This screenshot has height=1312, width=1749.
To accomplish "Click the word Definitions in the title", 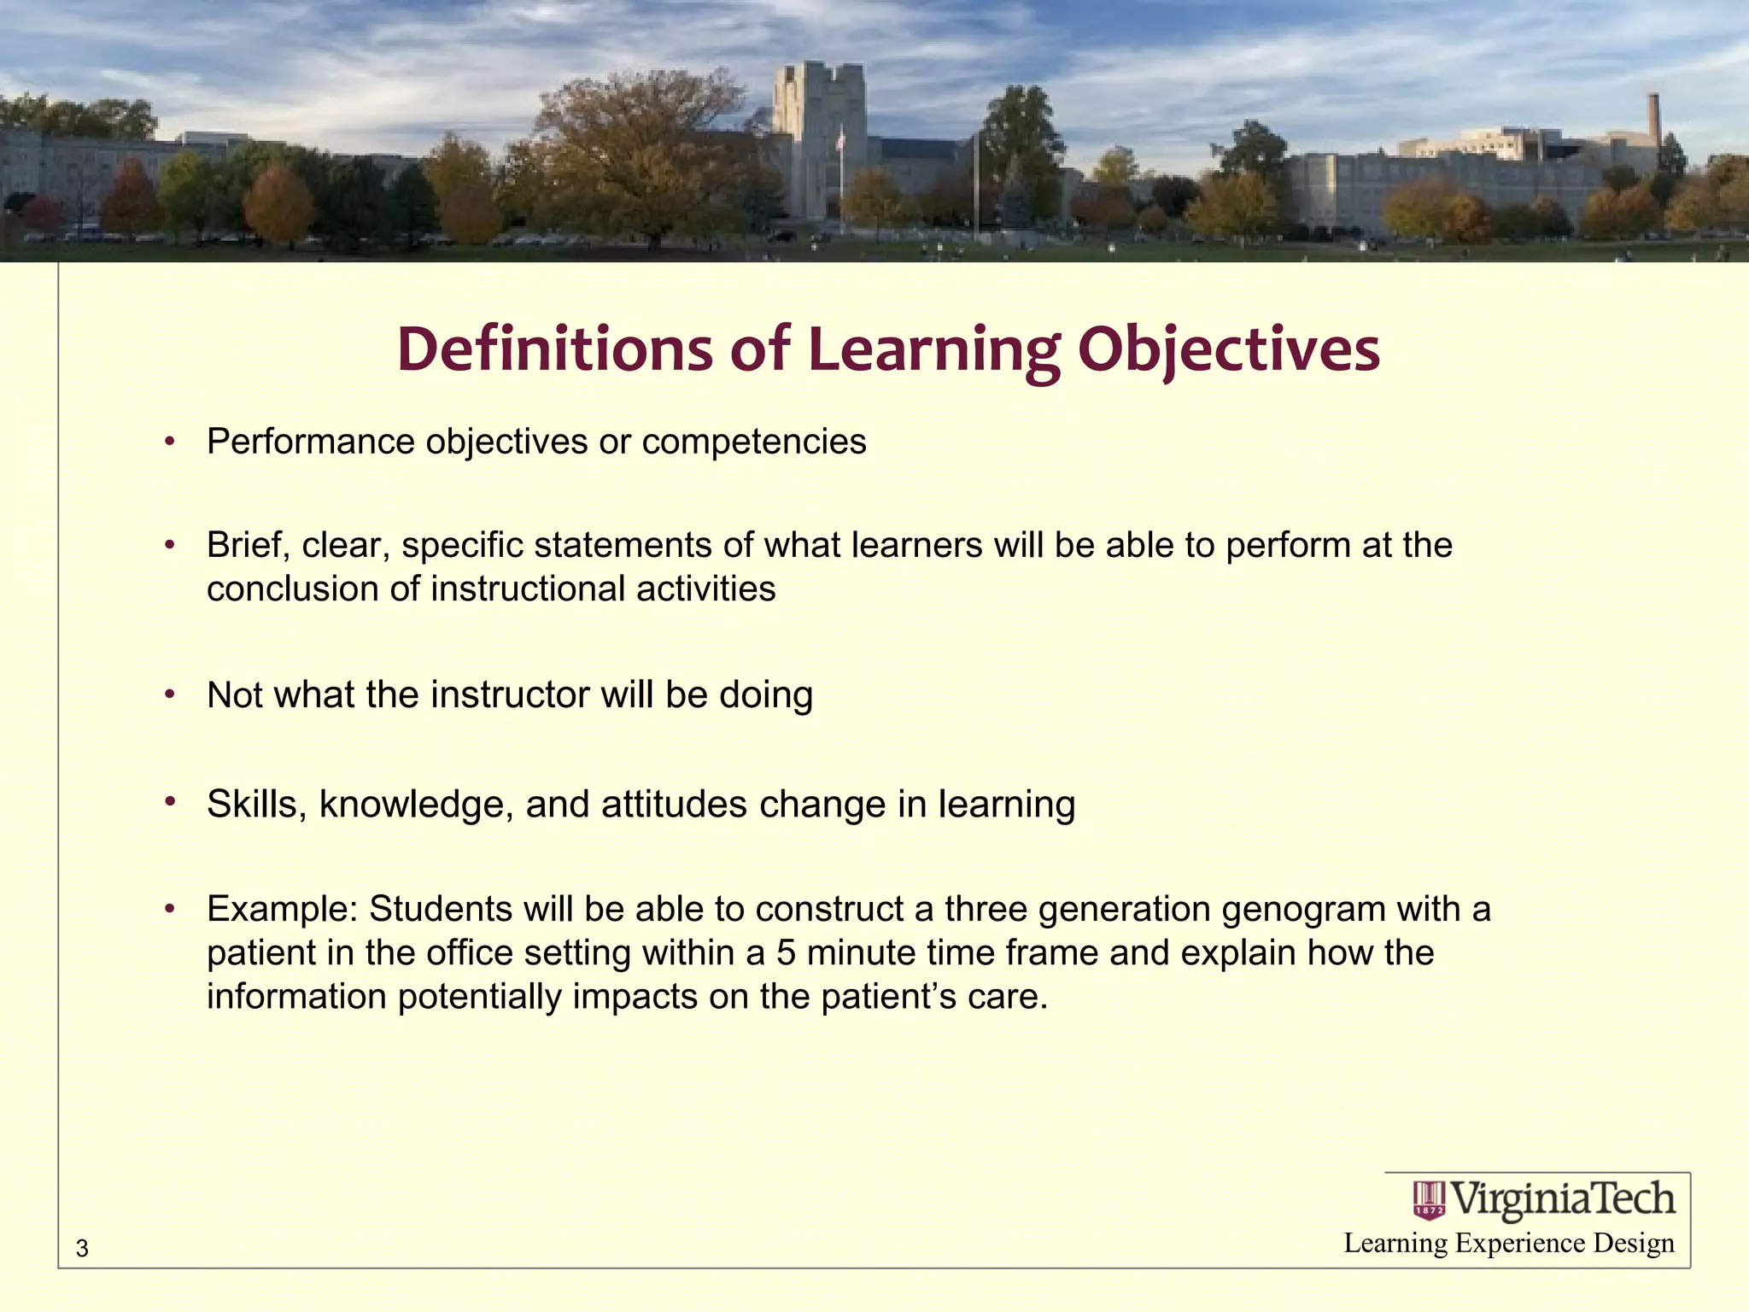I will tap(554, 349).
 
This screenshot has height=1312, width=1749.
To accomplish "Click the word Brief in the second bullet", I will tap(248, 545).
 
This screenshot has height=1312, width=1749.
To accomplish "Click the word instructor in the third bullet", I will tap(509, 695).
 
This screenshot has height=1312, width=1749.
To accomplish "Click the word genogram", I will tap(1303, 910).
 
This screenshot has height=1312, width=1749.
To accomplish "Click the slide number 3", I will tap(82, 1249).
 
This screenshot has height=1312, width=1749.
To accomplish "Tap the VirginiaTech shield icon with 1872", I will tap(1429, 1200).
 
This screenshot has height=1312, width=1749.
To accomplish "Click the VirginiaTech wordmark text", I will tap(1563, 1199).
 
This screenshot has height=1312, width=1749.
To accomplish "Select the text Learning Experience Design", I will tap(1508, 1244).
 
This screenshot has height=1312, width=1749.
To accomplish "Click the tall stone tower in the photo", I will tap(817, 137).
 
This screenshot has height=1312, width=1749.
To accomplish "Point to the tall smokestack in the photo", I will tap(1653, 120).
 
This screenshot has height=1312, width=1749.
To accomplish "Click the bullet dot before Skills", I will tap(170, 802).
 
